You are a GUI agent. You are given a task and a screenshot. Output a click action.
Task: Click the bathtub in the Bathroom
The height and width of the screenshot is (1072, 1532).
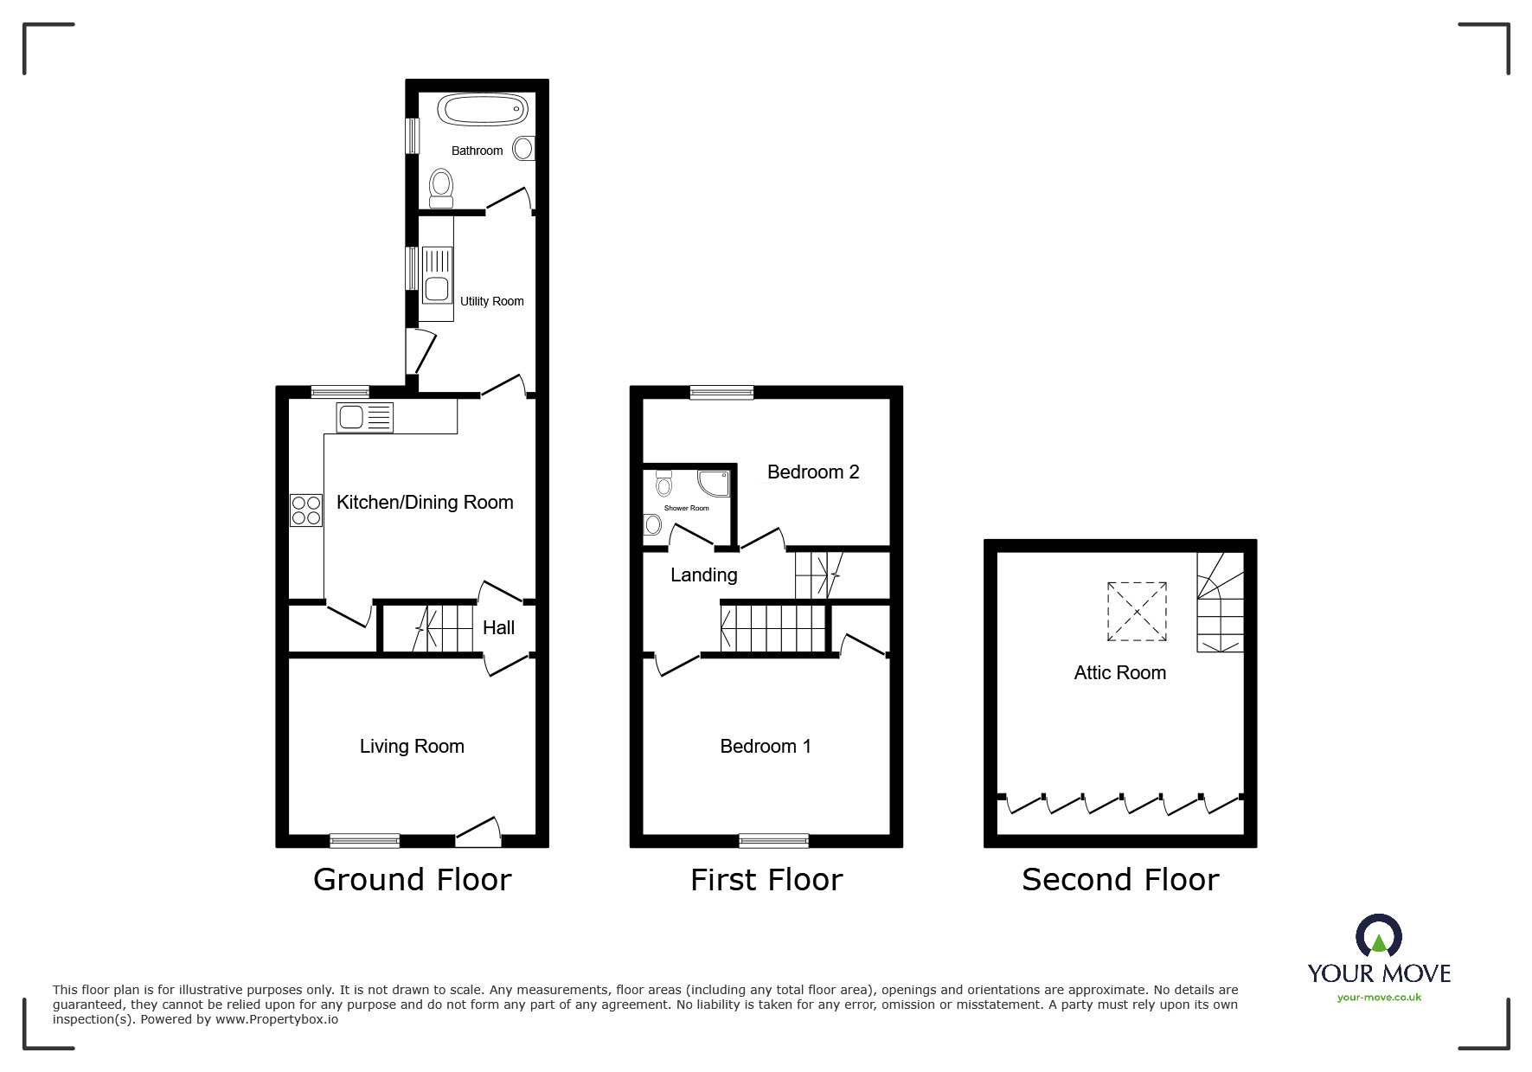[x=483, y=110]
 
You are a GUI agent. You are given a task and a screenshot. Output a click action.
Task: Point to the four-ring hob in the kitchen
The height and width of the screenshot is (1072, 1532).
[x=306, y=510]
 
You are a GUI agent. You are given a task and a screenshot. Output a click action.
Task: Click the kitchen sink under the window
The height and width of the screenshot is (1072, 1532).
[x=365, y=418]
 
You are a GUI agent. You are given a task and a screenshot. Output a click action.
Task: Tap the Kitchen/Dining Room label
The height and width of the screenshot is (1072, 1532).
[x=425, y=503]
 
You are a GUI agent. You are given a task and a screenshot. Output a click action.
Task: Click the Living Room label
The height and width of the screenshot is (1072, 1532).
[x=412, y=746]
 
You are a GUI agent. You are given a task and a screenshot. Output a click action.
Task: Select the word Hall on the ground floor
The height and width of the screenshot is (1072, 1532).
[x=498, y=628]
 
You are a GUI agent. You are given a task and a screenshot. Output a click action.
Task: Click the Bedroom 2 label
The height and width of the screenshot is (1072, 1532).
[x=813, y=472]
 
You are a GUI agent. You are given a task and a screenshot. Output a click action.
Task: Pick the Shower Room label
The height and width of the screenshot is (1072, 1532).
[x=687, y=508]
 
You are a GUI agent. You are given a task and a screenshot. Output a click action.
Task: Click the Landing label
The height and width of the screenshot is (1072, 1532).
[x=704, y=575]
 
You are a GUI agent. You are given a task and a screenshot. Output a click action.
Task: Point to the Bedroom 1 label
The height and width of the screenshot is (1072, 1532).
[x=766, y=746]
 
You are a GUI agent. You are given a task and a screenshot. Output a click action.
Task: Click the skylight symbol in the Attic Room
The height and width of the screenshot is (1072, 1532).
[x=1137, y=612]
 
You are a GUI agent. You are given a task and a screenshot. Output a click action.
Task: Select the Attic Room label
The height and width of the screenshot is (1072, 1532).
[x=1120, y=673]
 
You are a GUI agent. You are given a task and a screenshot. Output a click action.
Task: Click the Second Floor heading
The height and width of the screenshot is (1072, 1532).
[x=1120, y=880]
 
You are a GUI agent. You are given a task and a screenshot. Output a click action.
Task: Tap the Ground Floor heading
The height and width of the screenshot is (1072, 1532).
[x=413, y=880]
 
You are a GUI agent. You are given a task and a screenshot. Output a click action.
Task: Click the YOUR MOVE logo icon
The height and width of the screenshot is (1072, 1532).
[x=1379, y=937]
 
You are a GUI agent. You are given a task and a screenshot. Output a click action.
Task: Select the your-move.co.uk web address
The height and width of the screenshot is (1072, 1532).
[x=1379, y=998]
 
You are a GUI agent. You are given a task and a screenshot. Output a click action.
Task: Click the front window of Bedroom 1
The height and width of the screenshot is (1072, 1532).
[x=774, y=840]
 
